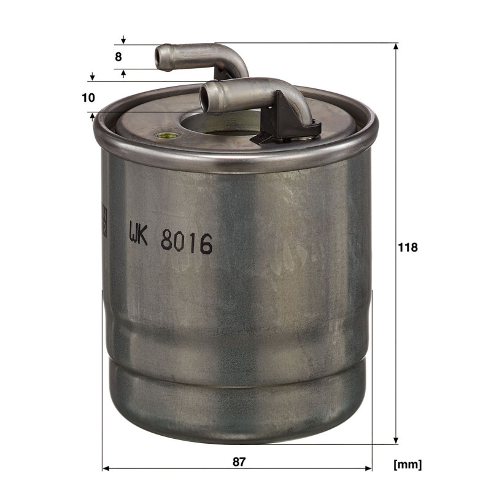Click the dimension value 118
[408, 247]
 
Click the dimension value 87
[239, 462]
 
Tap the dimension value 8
[118, 57]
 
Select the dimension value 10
[88, 98]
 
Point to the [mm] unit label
[408, 465]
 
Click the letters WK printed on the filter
[138, 233]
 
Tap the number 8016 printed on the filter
[187, 243]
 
